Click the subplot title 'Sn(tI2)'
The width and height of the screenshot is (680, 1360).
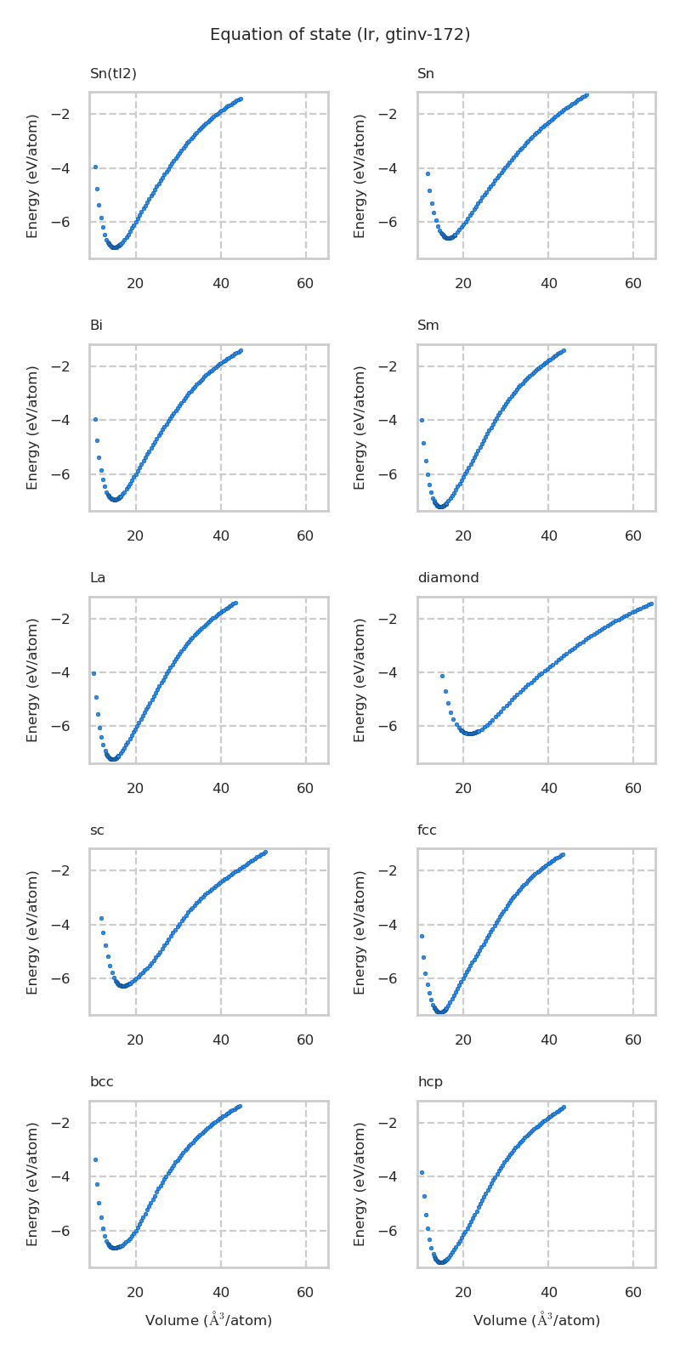coord(113,74)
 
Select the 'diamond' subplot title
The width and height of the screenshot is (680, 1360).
coord(448,578)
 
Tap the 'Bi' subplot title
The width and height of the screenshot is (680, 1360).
coord(96,326)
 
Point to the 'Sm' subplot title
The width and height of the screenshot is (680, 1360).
coord(428,326)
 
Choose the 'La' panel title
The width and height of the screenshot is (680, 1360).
coord(98,578)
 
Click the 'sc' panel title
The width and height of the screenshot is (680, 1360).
coord(97,830)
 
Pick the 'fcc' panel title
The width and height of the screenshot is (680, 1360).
coord(427,830)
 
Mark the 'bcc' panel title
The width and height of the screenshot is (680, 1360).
coord(101,1082)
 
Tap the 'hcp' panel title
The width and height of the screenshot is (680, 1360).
coord(430,1082)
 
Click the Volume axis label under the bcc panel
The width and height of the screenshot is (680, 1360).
coord(208,1320)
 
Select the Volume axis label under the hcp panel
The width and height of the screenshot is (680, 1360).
coord(536,1320)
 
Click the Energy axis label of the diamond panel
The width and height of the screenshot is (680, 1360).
coord(360,680)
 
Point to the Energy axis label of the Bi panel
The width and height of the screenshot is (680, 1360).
coord(33,428)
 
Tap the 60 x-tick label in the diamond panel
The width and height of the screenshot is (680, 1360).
coord(633,789)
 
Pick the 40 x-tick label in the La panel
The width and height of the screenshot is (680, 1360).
coord(221,789)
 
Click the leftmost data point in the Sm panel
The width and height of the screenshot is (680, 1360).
coord(422,420)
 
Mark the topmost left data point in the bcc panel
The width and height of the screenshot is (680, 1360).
coord(95,1159)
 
